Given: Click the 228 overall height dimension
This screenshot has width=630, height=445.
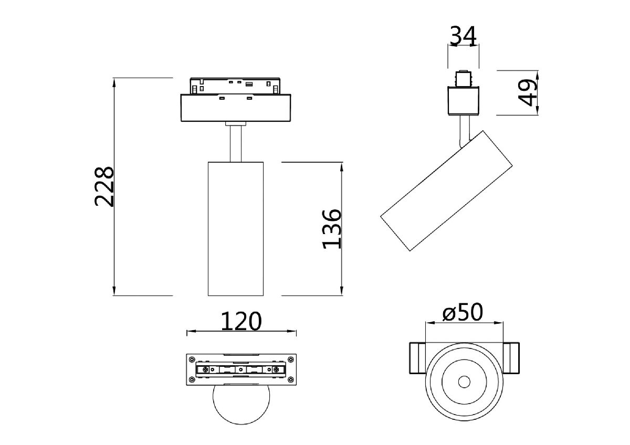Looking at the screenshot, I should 104,186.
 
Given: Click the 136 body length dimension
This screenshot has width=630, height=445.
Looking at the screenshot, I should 332,229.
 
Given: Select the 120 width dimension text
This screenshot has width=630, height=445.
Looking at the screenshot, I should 240,321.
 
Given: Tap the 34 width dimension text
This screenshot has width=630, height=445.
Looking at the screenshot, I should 463,36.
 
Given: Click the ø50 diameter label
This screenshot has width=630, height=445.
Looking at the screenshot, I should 462,313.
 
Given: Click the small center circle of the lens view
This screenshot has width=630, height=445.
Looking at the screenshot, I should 464,382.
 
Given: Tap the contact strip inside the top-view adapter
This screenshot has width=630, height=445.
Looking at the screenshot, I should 241,369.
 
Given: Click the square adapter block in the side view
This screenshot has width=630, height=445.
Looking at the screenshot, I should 463,101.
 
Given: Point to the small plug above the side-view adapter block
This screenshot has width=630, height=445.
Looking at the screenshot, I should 464,79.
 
